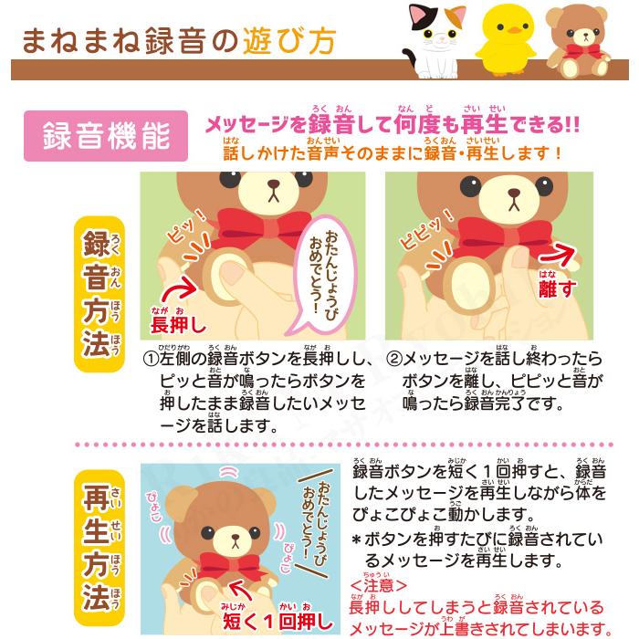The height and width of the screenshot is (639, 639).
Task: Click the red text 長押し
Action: pos(179,324)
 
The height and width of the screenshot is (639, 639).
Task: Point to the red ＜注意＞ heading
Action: pos(376,584)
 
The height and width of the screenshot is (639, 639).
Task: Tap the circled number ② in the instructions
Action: pos(393,360)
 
